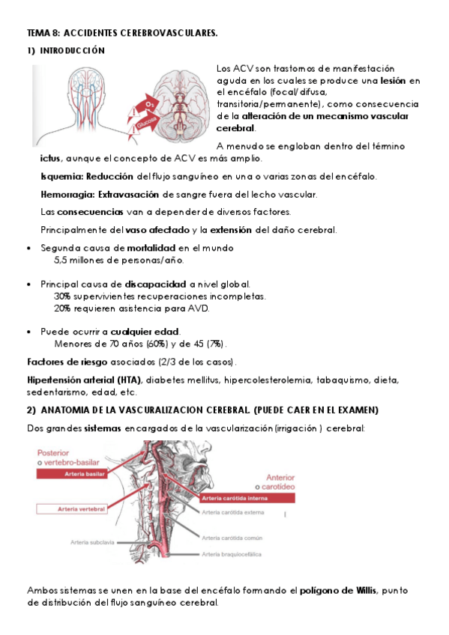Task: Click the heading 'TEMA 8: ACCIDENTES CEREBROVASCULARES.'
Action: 122,34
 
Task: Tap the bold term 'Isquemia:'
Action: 61,177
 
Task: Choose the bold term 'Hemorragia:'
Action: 67,195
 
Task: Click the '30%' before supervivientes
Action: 62,297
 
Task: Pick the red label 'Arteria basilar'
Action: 83,474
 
